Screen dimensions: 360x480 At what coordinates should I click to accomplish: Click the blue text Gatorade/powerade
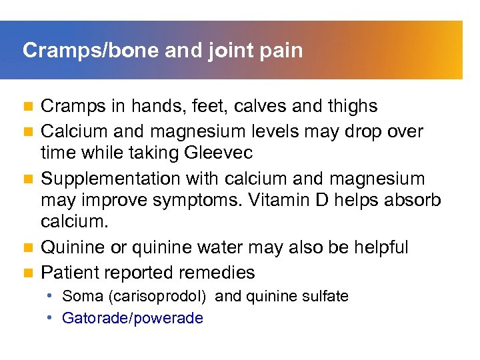(132, 318)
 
